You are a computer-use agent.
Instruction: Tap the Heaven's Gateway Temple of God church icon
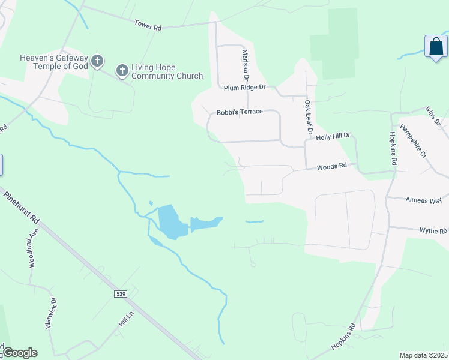[x=97, y=61]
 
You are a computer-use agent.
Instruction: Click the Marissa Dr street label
[x=245, y=65]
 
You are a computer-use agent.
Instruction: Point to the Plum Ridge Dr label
[x=244, y=88]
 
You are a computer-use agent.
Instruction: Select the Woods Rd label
[x=332, y=166]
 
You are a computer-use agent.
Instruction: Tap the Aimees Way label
[x=423, y=200]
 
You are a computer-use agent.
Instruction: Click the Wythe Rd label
[x=433, y=230]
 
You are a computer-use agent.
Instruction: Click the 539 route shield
[x=121, y=293]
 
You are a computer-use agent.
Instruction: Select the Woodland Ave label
[x=34, y=248]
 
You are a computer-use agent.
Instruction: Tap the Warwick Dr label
[x=50, y=313]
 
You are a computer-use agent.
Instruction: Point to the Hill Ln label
[x=125, y=319]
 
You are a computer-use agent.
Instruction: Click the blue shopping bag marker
[x=436, y=47]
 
